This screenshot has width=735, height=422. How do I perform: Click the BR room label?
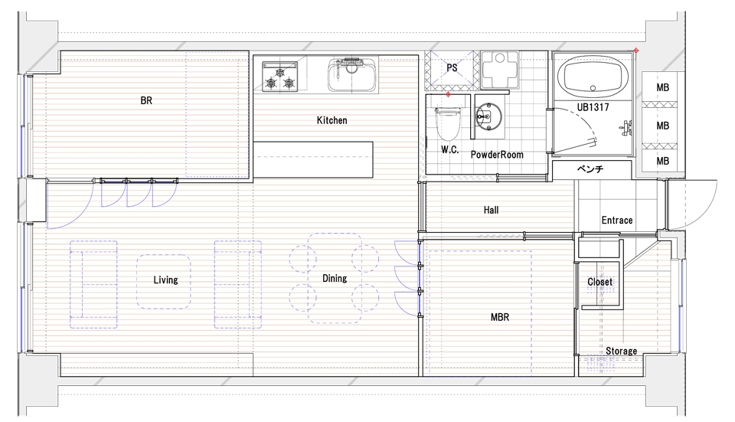click(146, 100)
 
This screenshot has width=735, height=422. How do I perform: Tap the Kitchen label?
click(332, 120)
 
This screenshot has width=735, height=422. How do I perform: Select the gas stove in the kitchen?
click(280, 77)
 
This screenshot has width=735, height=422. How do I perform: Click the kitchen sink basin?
click(352, 75)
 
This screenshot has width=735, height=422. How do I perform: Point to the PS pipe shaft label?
click(452, 68)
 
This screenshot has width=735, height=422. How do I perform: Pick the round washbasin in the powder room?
click(488, 116)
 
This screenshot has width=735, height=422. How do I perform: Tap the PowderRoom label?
click(497, 155)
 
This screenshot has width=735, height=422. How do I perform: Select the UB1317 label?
click(593, 107)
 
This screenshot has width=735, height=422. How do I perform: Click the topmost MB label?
click(663, 87)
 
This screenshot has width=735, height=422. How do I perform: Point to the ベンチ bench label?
click(590, 168)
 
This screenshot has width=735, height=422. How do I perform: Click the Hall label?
click(491, 210)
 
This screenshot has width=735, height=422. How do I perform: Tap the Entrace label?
click(617, 221)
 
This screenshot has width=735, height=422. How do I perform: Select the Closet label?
click(600, 282)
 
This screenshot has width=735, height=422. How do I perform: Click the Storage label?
click(621, 352)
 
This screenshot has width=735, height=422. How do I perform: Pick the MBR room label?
click(500, 317)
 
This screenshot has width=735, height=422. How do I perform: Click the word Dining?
click(335, 279)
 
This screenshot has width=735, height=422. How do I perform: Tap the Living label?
click(166, 280)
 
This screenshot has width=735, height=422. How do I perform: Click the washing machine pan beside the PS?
click(500, 70)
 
